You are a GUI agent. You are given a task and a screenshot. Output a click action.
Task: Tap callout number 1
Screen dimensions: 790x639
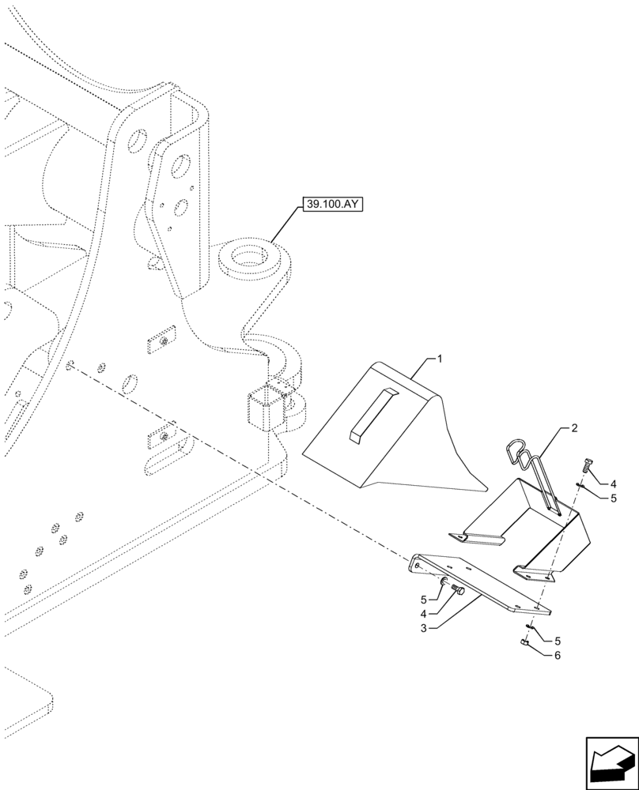(440, 359)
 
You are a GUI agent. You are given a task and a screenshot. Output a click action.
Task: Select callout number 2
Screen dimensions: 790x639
(573, 428)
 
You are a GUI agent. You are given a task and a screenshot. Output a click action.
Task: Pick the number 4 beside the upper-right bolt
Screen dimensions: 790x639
(612, 483)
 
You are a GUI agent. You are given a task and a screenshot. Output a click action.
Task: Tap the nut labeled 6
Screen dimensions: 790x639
(524, 643)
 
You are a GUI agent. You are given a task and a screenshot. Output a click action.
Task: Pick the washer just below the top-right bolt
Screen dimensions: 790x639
(581, 486)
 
